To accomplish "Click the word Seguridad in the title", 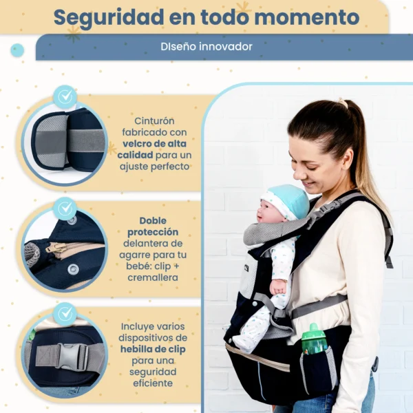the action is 109,18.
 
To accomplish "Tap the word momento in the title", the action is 307,17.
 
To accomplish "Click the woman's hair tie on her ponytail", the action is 342,103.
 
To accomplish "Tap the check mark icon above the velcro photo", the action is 65,96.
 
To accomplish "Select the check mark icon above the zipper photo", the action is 65,209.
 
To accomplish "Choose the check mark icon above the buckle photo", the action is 65,314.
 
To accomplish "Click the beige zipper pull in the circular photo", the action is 56,248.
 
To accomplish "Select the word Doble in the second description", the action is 153,221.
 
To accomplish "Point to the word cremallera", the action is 153,277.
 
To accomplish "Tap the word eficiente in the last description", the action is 153,383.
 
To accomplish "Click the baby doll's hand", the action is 278,286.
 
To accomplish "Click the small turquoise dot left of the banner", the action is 17,50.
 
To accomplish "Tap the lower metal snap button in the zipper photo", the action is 73,269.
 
